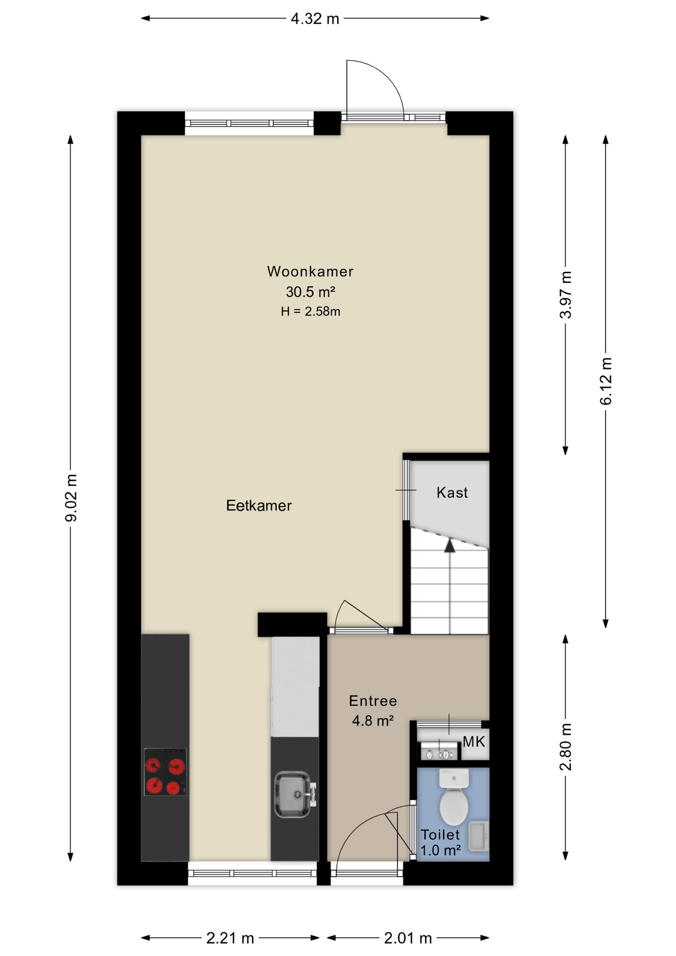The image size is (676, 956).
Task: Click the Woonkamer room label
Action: point(310,271)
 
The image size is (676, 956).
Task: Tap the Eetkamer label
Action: point(259,505)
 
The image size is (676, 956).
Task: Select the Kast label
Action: point(452,492)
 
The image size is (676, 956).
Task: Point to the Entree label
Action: point(373,701)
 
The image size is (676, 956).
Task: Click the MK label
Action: point(473,742)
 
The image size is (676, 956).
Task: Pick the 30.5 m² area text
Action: point(310,291)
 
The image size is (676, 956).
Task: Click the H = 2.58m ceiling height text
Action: point(310,312)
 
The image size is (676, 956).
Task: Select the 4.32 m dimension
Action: point(315,19)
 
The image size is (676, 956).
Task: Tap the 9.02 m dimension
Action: point(71,498)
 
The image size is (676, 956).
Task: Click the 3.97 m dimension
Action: point(565,295)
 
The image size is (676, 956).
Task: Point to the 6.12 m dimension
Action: point(606,381)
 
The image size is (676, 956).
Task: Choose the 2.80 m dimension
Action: point(565,747)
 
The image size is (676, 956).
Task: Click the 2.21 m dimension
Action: point(230,938)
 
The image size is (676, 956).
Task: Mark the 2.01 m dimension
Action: point(408,938)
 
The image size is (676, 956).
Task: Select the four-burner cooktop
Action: point(165,772)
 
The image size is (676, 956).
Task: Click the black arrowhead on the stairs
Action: point(450,545)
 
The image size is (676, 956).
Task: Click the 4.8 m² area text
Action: point(373,720)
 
